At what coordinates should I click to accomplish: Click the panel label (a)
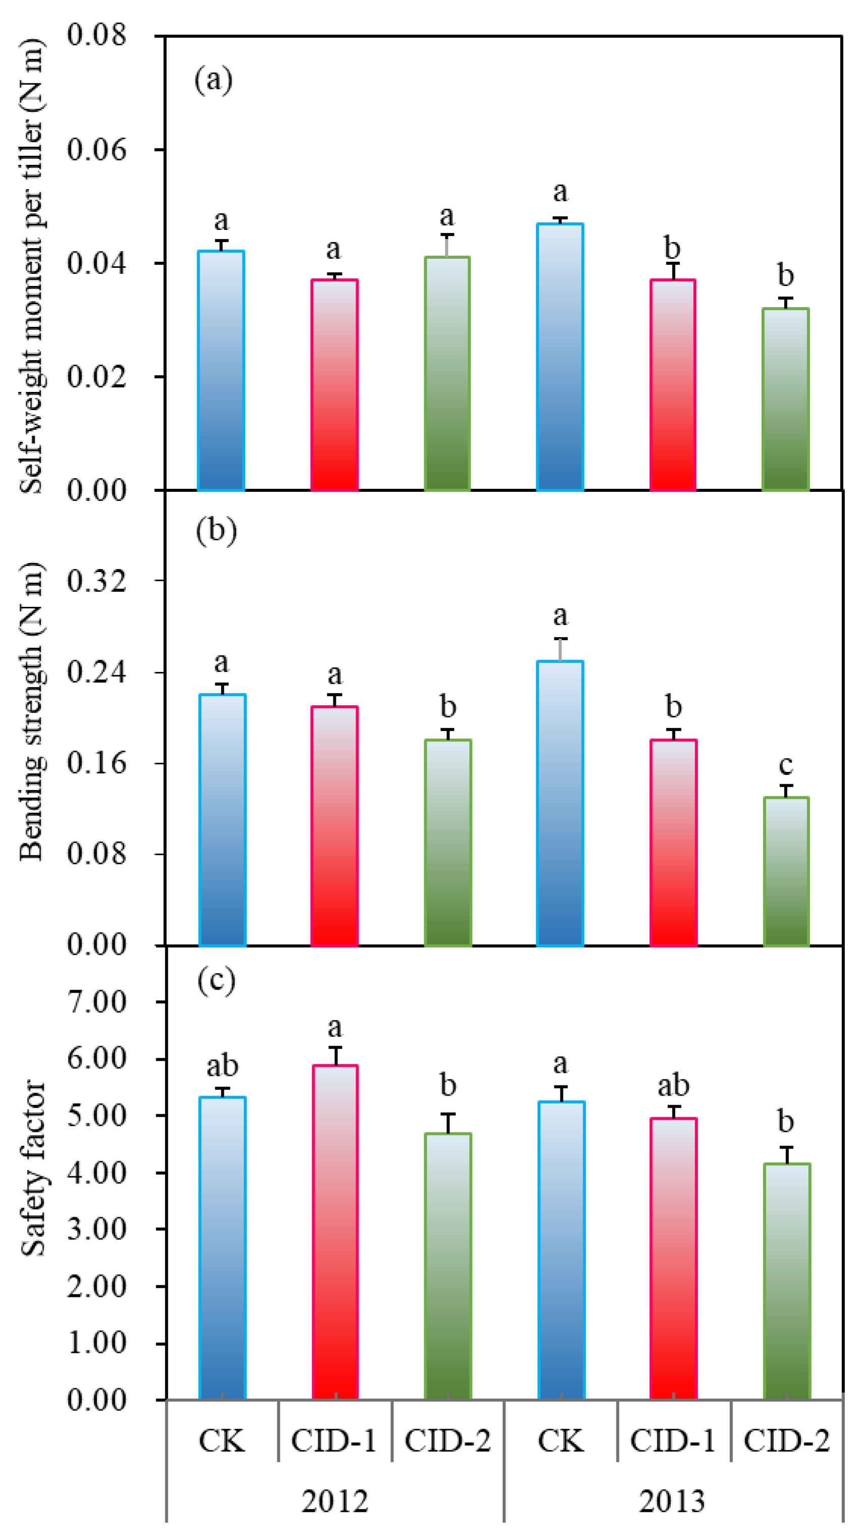click(213, 80)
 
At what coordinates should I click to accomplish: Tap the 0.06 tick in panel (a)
click(96, 149)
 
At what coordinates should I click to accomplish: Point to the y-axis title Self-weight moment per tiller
click(31, 266)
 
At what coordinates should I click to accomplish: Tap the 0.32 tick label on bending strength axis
click(96, 581)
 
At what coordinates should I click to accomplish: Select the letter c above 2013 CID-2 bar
click(785, 765)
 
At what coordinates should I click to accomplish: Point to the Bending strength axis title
click(31, 711)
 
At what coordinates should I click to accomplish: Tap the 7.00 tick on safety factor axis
click(96, 1002)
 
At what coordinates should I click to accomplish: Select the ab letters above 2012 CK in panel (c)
click(222, 1066)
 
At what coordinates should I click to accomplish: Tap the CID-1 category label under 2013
click(672, 1441)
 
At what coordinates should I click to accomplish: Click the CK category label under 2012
click(221, 1441)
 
